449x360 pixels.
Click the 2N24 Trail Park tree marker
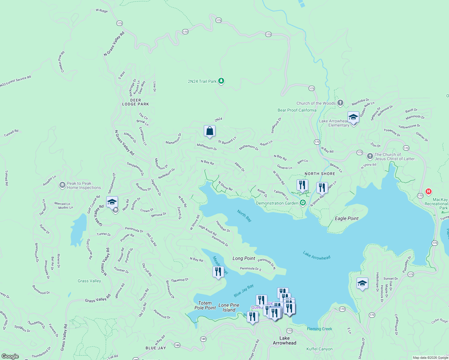point(221,81)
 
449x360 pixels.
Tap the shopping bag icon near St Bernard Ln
point(209,131)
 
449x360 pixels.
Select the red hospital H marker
point(429,191)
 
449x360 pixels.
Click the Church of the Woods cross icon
point(340,103)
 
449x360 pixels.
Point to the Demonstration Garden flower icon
point(303,203)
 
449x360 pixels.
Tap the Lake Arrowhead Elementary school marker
point(353,117)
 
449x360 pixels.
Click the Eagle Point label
point(347,218)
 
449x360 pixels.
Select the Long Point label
point(244,258)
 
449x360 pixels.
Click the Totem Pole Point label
point(205,305)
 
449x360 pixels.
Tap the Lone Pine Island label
point(229,307)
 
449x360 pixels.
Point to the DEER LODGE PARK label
point(135,102)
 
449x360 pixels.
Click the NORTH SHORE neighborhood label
point(320,174)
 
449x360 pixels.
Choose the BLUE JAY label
point(156,348)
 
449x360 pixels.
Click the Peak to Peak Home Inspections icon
point(62,185)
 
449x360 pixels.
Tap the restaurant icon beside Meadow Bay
point(218,271)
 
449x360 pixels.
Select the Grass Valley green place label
point(89,281)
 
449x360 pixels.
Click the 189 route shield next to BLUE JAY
point(177,345)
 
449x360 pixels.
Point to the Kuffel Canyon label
point(319,349)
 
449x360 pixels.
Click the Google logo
point(10,356)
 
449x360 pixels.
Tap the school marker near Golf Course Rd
point(112,202)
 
